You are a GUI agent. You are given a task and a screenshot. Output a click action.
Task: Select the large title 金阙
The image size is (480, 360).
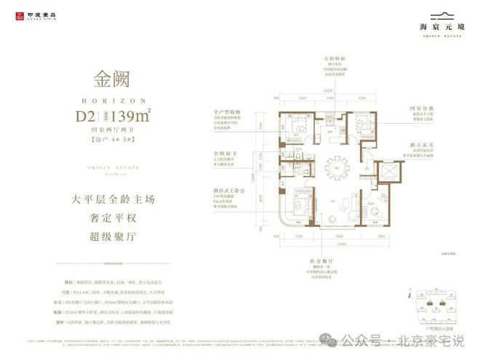pyautogui.click(x=114, y=78)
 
